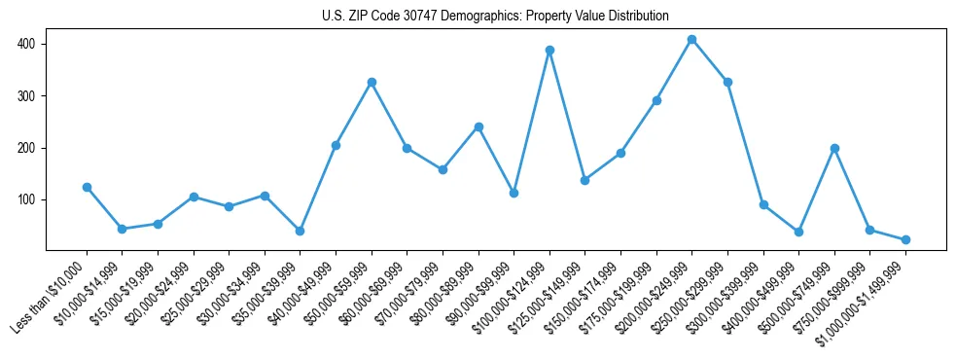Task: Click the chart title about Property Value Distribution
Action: pos(495,16)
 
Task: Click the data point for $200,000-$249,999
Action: pos(691,40)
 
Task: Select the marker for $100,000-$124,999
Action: pos(549,50)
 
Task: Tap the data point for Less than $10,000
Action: pos(87,187)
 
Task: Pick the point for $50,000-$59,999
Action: pos(372,82)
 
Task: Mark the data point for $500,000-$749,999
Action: pos(834,148)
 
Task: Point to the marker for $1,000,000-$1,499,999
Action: pos(905,239)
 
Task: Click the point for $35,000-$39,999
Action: pos(300,231)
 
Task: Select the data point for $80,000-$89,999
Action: pos(478,126)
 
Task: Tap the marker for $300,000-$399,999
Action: pos(763,204)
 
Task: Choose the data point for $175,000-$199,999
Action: pos(656,100)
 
